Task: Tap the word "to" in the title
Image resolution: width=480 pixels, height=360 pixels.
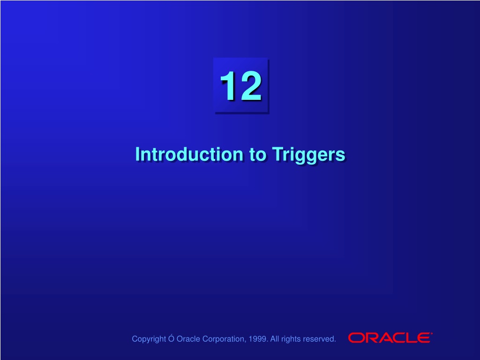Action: [x=258, y=155]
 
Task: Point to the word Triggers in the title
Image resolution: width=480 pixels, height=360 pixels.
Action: [x=308, y=156]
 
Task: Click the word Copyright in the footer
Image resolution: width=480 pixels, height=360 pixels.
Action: [x=149, y=339]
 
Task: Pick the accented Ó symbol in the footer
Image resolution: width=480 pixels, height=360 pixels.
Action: [x=171, y=338]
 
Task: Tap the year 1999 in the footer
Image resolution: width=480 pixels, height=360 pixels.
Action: [x=258, y=339]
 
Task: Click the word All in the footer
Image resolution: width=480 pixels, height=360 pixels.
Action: [x=275, y=339]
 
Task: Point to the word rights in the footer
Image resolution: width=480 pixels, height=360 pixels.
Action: [x=290, y=339]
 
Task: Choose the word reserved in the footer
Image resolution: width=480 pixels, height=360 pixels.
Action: [x=319, y=339]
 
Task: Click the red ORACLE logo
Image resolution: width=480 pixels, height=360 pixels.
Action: [x=390, y=337]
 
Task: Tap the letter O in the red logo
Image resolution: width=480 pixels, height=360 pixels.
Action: [x=355, y=337]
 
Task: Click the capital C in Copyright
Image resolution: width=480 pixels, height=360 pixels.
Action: [x=135, y=339]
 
